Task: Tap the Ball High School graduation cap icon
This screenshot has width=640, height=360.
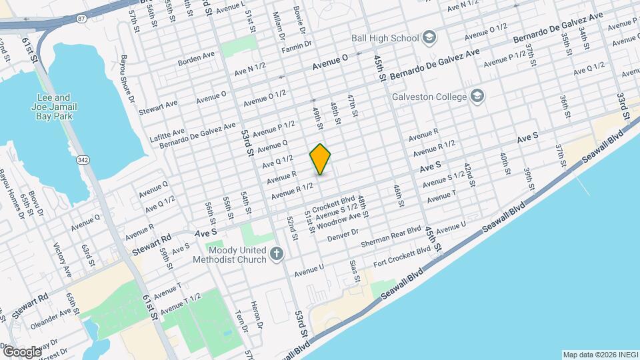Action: click(x=429, y=37)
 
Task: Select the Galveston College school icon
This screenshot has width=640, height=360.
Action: click(x=477, y=97)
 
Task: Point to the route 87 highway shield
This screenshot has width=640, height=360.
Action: click(x=81, y=19)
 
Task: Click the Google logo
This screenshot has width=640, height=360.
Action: click(x=21, y=351)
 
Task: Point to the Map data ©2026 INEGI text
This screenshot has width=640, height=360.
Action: click(x=599, y=355)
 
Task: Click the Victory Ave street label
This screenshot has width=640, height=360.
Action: click(x=62, y=260)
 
